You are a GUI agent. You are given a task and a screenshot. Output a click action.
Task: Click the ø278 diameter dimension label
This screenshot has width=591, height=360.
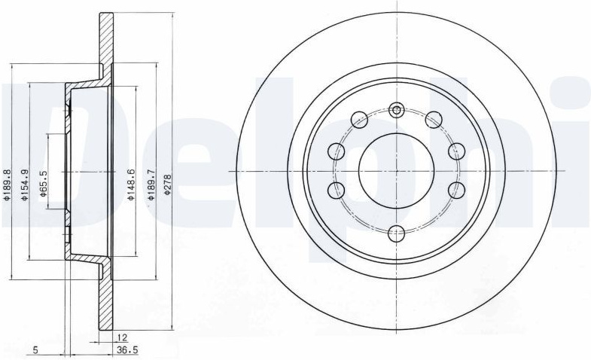pos(168,184)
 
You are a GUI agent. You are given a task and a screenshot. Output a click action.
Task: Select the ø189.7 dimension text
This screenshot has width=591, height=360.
pos(151,184)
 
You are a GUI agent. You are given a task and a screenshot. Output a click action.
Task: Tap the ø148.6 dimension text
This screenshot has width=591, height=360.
pos(130,185)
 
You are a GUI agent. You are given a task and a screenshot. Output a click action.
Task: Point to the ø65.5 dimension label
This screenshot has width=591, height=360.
pos(43,184)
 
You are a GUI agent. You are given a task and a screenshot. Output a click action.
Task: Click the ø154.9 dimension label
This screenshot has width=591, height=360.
pos(24,185)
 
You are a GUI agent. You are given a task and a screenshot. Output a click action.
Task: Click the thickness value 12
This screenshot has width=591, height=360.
pos(122,337)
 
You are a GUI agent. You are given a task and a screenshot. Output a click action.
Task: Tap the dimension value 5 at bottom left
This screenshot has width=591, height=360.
pos(35,350)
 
